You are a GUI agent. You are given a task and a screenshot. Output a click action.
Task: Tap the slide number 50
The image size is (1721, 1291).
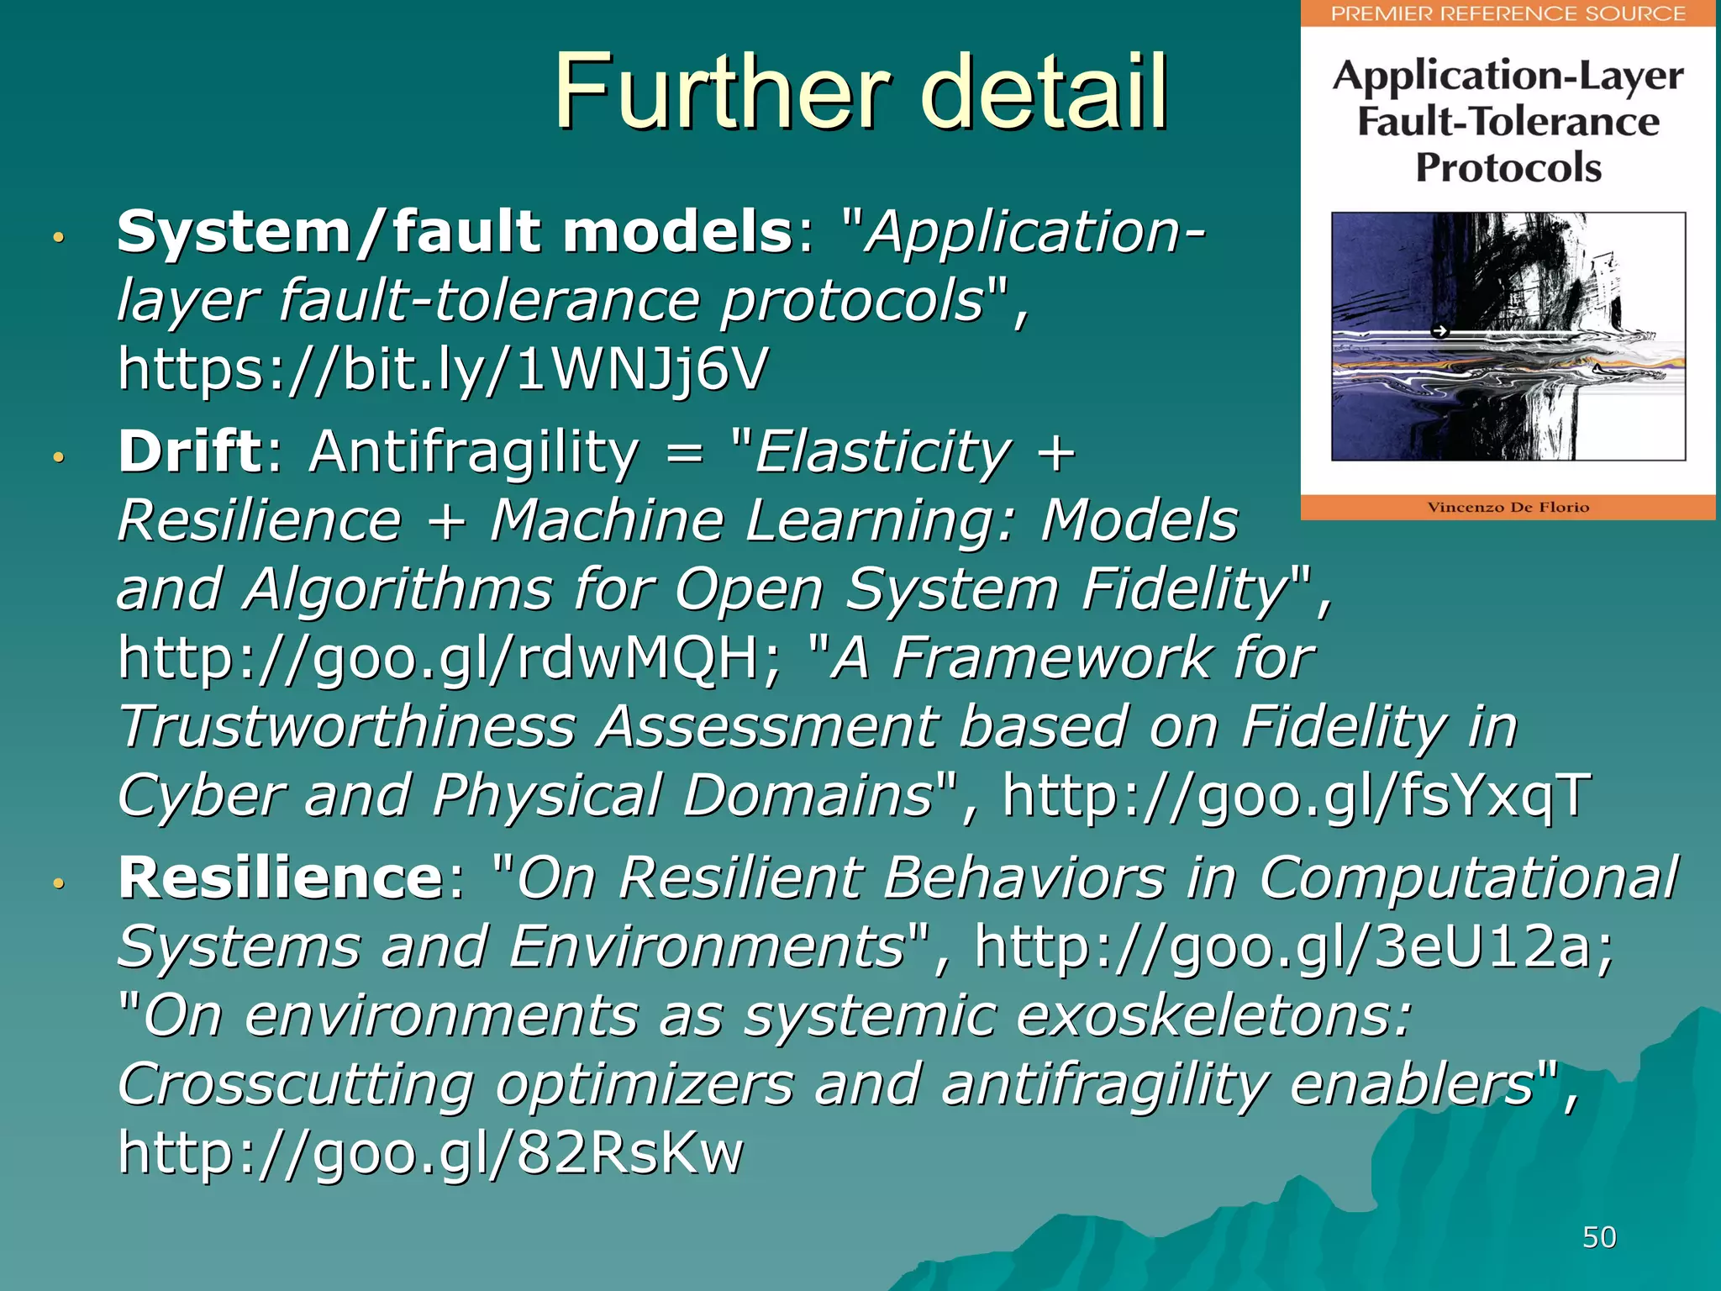[1599, 1237]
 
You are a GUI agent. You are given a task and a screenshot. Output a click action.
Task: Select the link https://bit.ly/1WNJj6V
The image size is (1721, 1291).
[443, 369]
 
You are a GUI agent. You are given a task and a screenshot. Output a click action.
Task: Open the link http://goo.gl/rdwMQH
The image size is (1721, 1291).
[450, 658]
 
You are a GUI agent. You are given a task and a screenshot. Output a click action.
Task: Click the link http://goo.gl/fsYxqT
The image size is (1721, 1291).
[1297, 795]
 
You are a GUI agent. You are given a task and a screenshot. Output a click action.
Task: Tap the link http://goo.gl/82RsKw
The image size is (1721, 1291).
[430, 1152]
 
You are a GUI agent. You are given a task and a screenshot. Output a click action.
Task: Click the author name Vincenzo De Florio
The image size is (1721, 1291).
[1508, 507]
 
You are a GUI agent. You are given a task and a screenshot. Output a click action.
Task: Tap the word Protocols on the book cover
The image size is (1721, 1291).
[1508, 167]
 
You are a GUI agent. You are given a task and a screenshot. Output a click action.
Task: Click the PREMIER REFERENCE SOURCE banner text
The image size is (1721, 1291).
[1508, 13]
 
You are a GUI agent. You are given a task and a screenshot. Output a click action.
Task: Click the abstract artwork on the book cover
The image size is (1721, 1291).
[1508, 336]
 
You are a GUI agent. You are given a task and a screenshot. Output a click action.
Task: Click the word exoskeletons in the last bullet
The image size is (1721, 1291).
[1204, 1015]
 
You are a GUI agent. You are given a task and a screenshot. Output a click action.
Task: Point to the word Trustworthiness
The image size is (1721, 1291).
[346, 727]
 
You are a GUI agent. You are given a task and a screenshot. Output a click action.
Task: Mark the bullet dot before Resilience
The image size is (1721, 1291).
[58, 883]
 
